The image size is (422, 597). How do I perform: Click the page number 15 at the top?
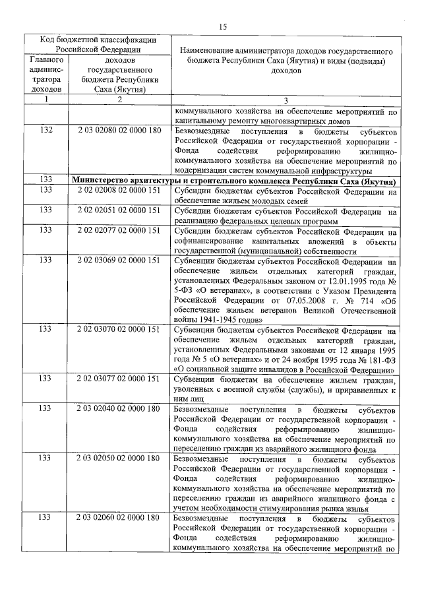pyautogui.click(x=222, y=26)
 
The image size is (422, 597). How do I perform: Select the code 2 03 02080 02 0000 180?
pyautogui.click(x=119, y=131)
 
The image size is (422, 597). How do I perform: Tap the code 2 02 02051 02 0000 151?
pyautogui.click(x=119, y=210)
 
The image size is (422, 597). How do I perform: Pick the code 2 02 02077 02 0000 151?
pyautogui.click(x=119, y=232)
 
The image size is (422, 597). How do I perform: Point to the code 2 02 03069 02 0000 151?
pyautogui.click(x=119, y=261)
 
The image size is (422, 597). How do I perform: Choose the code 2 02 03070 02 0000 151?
pyautogui.click(x=119, y=330)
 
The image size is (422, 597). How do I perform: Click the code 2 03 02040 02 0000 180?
pyautogui.click(x=119, y=409)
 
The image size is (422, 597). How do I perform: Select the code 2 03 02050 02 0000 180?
pyautogui.click(x=119, y=458)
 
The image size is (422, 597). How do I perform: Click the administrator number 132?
pyautogui.click(x=45, y=131)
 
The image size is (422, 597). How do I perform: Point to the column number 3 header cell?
pyautogui.click(x=286, y=100)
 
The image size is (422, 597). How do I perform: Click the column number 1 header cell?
pyautogui.click(x=45, y=100)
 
